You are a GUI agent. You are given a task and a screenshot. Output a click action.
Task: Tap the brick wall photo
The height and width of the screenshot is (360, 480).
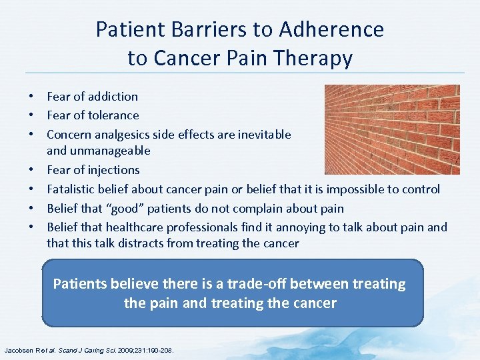pyautogui.click(x=391, y=129)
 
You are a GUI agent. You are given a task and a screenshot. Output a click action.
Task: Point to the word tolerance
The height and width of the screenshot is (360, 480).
pyautogui.click(x=113, y=115)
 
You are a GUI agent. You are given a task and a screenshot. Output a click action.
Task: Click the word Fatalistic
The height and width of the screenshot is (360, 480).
pyautogui.click(x=72, y=189)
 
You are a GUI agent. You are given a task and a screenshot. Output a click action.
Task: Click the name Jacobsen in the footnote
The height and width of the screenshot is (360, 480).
pyautogui.click(x=21, y=349)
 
